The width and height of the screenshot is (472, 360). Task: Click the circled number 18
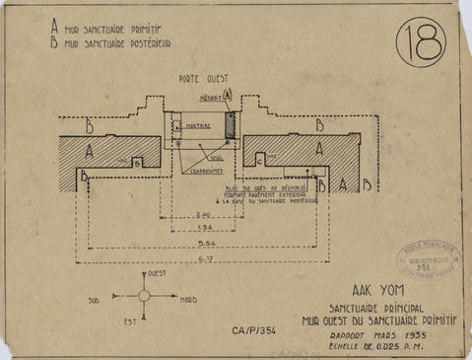[422, 44]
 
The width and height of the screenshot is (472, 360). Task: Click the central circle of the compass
[144, 295]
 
